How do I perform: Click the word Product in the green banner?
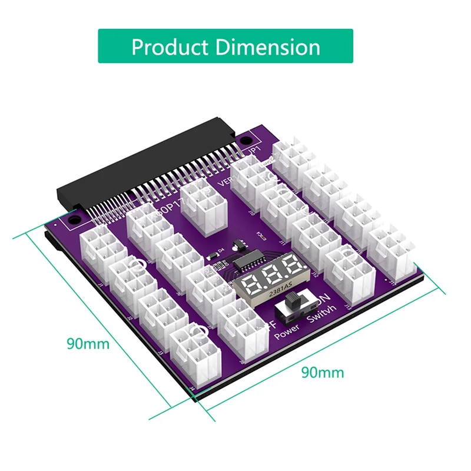(x=168, y=47)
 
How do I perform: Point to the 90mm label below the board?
(x=322, y=372)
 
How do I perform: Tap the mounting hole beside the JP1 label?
(x=243, y=140)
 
